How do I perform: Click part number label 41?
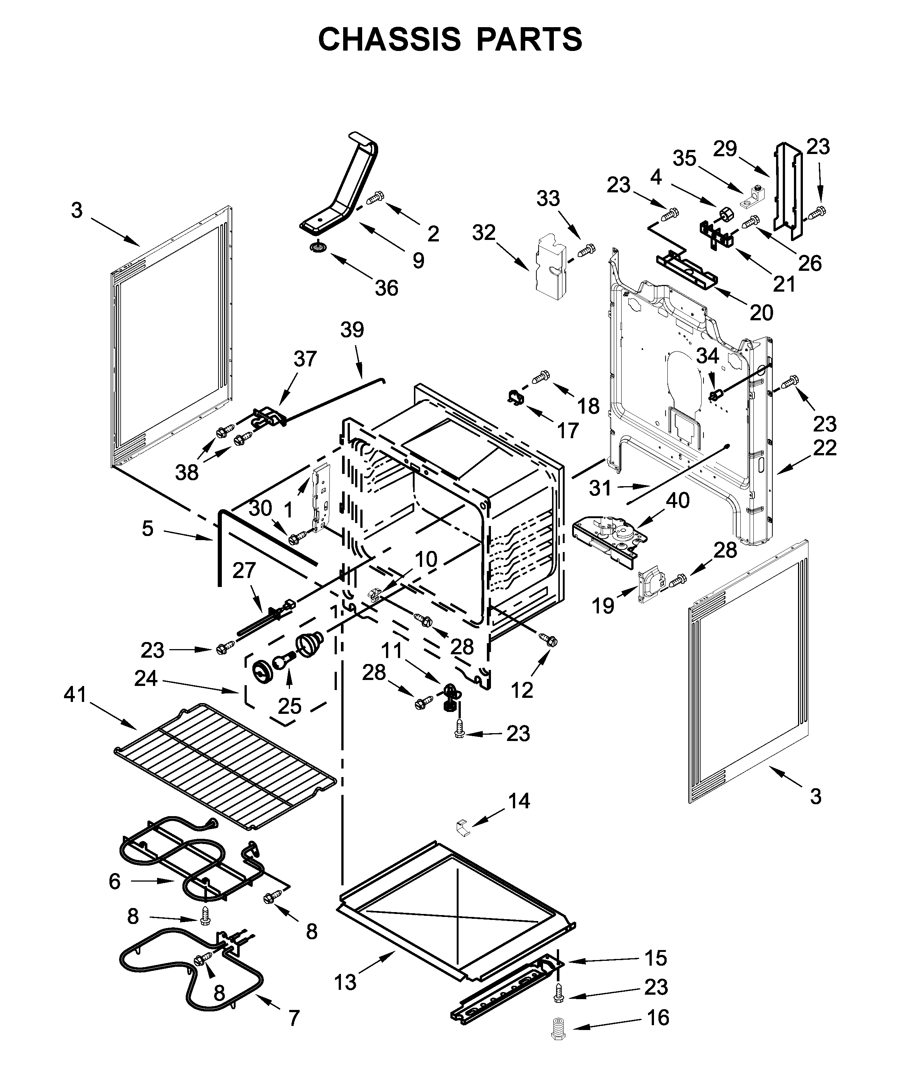pyautogui.click(x=76, y=695)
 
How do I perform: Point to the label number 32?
pyautogui.click(x=484, y=233)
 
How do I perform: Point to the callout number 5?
pyautogui.click(x=147, y=528)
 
